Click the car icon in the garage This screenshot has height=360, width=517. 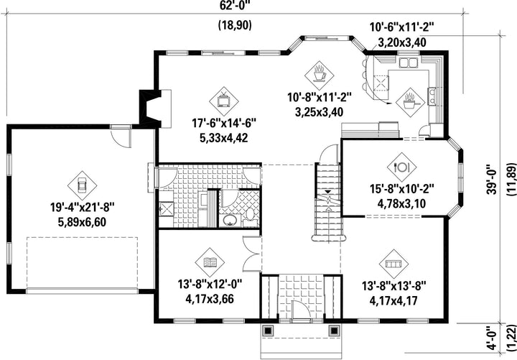(x=82, y=185)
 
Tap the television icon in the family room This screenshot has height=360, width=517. (x=224, y=101)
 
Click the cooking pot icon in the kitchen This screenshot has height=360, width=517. (x=410, y=102)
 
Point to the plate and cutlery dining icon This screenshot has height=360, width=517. (x=401, y=167)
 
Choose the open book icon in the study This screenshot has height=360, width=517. (x=210, y=262)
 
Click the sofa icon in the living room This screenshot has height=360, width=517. (x=393, y=264)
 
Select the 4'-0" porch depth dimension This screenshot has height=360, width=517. (x=492, y=338)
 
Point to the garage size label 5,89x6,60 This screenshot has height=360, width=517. (x=82, y=222)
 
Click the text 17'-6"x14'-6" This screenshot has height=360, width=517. (x=224, y=124)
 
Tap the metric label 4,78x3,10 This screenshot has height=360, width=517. (x=401, y=203)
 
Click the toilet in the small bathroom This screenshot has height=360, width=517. (x=250, y=214)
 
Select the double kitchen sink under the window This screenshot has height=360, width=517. (x=409, y=63)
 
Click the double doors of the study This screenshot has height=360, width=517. (x=252, y=254)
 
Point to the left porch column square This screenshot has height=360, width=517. (x=268, y=331)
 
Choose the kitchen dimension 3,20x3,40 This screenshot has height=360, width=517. (x=401, y=42)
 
